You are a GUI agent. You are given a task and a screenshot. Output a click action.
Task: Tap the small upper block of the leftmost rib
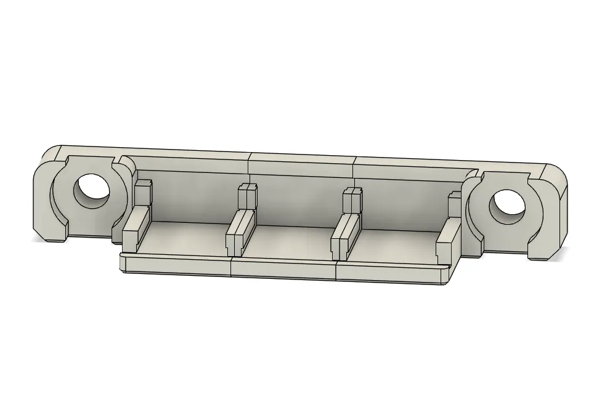pyautogui.click(x=144, y=192)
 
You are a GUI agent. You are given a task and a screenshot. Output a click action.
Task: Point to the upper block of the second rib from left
pyautogui.click(x=247, y=196)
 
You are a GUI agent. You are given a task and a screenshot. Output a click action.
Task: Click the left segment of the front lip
pyautogui.click(x=176, y=265)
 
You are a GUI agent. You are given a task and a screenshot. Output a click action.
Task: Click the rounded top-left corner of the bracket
pyautogui.click(x=52, y=152)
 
